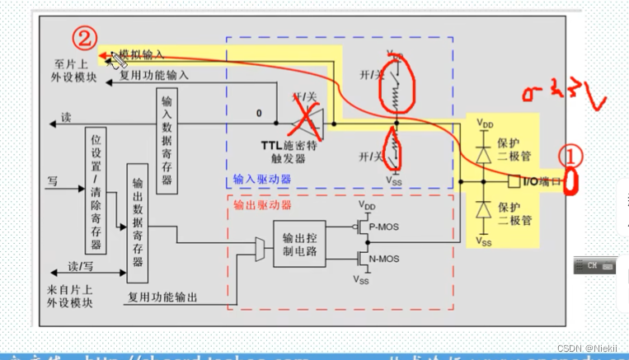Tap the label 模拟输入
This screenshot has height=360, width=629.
(141, 54)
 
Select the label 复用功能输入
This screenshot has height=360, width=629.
(154, 74)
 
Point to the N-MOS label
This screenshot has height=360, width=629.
(384, 258)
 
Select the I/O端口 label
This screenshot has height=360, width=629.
(538, 180)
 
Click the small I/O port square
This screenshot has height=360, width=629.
(512, 180)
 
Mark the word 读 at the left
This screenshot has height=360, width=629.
(66, 119)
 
